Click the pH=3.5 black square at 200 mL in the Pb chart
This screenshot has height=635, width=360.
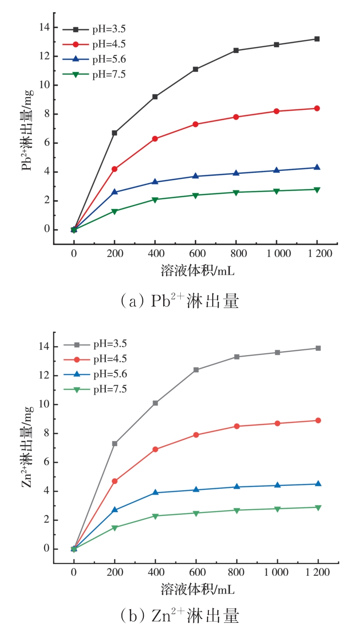point(115,133)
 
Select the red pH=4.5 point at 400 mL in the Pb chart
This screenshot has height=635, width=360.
point(155,138)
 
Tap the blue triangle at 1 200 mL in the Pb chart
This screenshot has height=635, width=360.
point(317,167)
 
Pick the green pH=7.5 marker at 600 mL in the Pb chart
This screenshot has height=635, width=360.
point(195,195)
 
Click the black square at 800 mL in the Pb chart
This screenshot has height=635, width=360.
point(236,50)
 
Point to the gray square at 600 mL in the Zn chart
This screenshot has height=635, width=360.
point(196,370)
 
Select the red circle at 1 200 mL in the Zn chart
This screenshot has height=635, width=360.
point(318,420)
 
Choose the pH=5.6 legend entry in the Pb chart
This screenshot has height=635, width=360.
point(109,59)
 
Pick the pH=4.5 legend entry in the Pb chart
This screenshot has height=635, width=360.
point(109,44)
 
